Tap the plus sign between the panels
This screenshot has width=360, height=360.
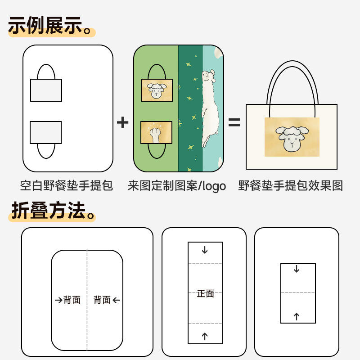(122, 122)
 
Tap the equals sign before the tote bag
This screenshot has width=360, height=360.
(234, 122)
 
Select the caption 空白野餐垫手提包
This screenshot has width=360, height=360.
(67, 185)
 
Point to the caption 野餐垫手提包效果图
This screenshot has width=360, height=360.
(291, 185)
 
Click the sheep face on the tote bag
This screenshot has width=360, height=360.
(292, 137)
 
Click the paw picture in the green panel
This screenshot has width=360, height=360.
(156, 132)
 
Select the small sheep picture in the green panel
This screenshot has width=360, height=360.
(156, 90)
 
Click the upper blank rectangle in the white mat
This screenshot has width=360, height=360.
(46, 90)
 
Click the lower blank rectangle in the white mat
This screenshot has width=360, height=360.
(46, 132)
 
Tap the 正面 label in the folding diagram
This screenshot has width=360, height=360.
(205, 294)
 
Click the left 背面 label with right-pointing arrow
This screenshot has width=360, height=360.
(68, 300)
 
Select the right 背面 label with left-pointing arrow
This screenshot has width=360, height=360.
(107, 300)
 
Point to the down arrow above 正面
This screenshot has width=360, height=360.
(205, 250)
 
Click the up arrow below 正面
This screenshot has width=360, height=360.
(205, 336)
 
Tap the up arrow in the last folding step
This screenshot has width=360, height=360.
(297, 316)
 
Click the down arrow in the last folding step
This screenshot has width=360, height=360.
(297, 269)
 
